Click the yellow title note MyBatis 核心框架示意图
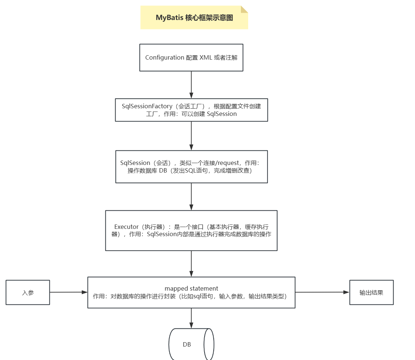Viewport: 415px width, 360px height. click(194, 17)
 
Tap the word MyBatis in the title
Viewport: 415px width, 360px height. click(169, 18)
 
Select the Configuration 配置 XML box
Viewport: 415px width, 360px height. click(191, 58)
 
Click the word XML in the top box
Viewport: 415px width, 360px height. click(206, 57)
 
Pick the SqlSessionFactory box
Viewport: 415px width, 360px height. click(192, 110)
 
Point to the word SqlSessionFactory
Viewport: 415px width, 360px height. click(147, 106)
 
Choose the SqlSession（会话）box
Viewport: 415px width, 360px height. click(192, 167)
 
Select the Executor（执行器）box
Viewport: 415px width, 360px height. click(191, 230)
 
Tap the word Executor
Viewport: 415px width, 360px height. click(126, 227)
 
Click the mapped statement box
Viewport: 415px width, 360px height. click(191, 292)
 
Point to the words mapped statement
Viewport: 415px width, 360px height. click(192, 288)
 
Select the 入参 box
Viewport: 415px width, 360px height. click(28, 292)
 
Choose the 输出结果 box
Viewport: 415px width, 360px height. click(371, 292)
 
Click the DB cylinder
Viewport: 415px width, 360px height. click(191, 344)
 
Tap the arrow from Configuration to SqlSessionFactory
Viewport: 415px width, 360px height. click(192, 85)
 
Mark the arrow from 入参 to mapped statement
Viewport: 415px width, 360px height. click(69, 292)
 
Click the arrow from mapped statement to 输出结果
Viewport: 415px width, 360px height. click(322, 292)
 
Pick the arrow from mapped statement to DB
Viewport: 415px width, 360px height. click(192, 318)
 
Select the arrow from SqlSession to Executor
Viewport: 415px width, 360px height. click(192, 197)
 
